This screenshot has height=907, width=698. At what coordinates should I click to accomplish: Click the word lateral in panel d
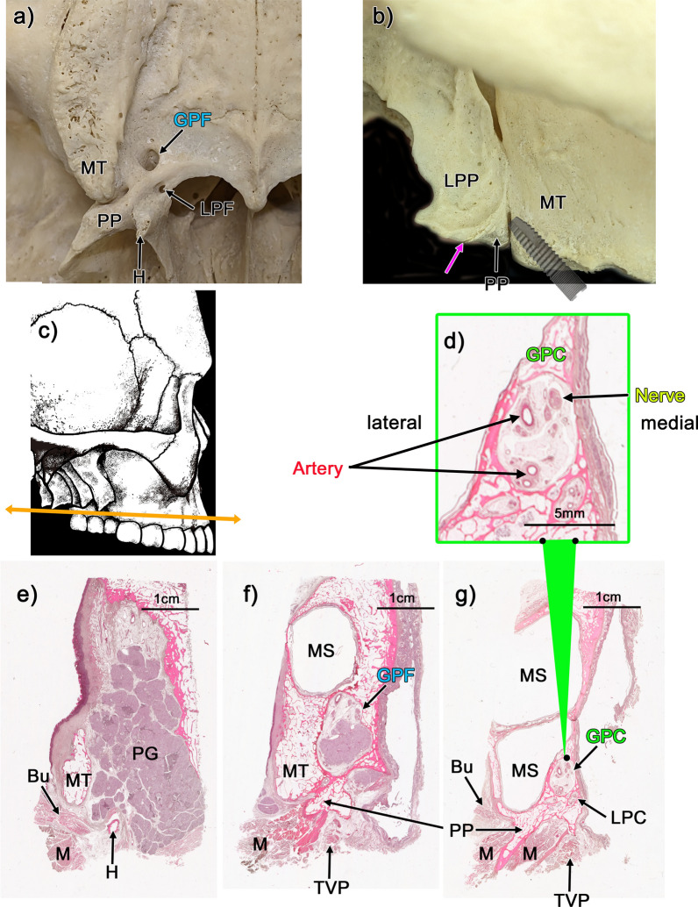(x=395, y=422)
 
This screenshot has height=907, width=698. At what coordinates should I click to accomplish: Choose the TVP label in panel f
(x=330, y=884)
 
